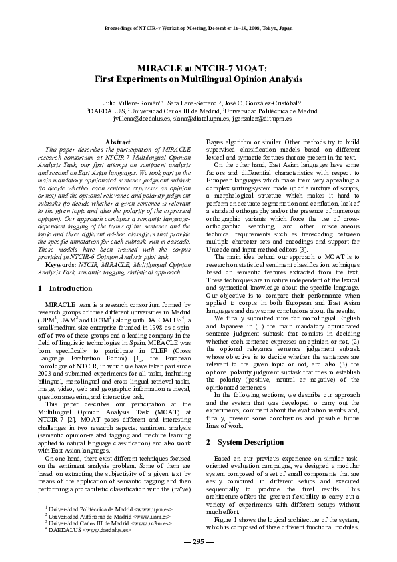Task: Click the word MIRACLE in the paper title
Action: coord(156,68)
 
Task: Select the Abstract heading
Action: coord(118,143)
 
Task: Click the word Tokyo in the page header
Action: coord(272,29)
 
